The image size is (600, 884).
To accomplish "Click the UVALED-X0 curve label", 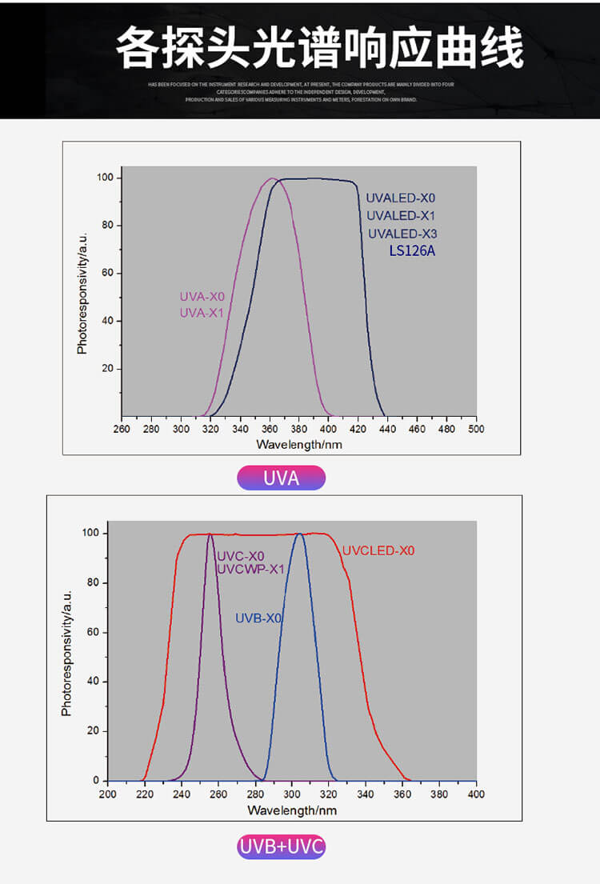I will tap(401, 198).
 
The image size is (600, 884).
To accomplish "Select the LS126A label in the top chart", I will tap(412, 251).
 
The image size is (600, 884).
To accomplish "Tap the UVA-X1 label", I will tap(202, 312).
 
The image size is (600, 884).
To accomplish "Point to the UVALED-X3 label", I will tap(402, 234).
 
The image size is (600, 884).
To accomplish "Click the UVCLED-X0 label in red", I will tap(378, 550).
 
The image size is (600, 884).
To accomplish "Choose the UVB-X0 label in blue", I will tap(258, 618).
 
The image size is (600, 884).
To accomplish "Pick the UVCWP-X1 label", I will tap(251, 569).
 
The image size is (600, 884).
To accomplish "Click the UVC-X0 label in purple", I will tap(241, 556).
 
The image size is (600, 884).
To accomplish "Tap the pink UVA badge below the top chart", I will tap(282, 478).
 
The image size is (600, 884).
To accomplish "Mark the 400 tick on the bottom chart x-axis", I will tap(476, 794).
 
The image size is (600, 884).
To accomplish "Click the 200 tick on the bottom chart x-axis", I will tap(107, 794).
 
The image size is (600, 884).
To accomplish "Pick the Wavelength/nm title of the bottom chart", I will tap(292, 810).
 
